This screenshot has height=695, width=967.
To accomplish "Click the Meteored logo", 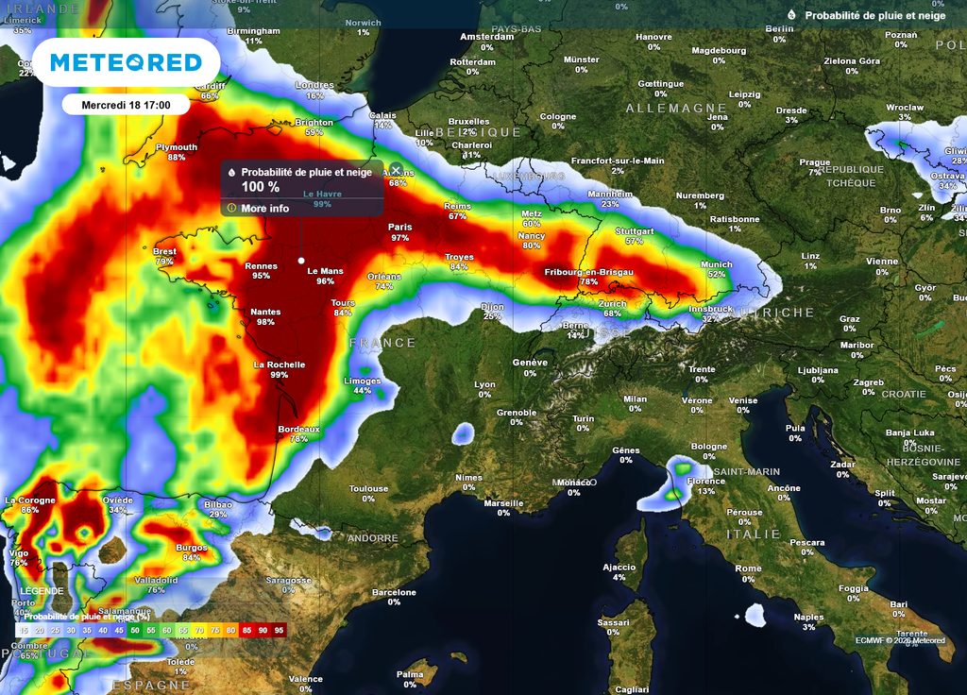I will tap(126, 62).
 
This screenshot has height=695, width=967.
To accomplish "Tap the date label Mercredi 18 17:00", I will tap(126, 104).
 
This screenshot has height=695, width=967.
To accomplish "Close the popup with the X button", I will tap(396, 170).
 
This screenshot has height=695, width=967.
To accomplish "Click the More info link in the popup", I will tap(264, 208).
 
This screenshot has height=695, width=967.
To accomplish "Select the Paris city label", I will tap(400, 227).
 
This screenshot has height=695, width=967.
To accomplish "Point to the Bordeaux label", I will tap(299, 428).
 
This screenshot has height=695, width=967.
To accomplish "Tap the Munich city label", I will tap(717, 264).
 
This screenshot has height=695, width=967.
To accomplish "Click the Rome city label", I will tap(748, 568).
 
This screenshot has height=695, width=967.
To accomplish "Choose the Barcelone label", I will tap(394, 592).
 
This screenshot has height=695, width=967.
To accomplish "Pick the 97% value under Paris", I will tap(400, 238).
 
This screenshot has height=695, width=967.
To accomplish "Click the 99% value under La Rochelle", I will tap(279, 375).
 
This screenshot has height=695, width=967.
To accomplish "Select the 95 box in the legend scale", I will tap(279, 630).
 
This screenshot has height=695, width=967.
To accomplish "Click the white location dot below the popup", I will tap(301, 260).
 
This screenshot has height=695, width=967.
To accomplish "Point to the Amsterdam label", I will tap(486, 37).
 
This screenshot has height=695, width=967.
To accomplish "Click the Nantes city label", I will tap(265, 312).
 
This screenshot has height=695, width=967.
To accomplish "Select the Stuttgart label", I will tap(634, 230).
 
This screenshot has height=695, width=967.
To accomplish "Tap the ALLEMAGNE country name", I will tap(676, 109).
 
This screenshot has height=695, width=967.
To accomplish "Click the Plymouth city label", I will tap(177, 147).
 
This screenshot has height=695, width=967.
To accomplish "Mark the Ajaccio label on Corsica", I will tap(619, 567).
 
